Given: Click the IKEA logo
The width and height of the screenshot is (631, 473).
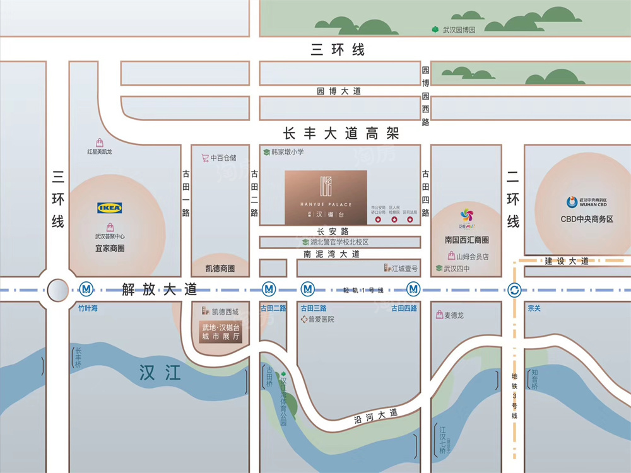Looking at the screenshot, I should pyautogui.click(x=110, y=207).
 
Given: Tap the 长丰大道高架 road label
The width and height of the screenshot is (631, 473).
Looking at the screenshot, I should pyautogui.click(x=341, y=134).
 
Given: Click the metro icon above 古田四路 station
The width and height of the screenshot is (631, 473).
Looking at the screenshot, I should pyautogui.click(x=413, y=289).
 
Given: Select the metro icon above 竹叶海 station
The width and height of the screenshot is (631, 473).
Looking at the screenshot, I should pyautogui.click(x=86, y=289).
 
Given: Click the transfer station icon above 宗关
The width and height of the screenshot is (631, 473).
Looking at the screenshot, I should pyautogui.click(x=514, y=290).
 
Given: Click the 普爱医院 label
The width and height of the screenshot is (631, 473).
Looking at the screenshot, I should pyautogui.click(x=321, y=319).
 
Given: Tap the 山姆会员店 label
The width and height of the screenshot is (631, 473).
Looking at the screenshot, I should pyautogui.click(x=473, y=256).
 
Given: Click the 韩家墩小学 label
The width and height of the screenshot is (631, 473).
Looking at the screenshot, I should pyautogui.click(x=287, y=152).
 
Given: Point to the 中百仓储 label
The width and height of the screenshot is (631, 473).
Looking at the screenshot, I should pyautogui.click(x=223, y=158).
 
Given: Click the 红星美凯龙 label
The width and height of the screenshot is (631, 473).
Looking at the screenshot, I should pyautogui.click(x=100, y=151).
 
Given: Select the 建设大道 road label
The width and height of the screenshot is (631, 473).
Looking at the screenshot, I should pyautogui.click(x=568, y=261).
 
